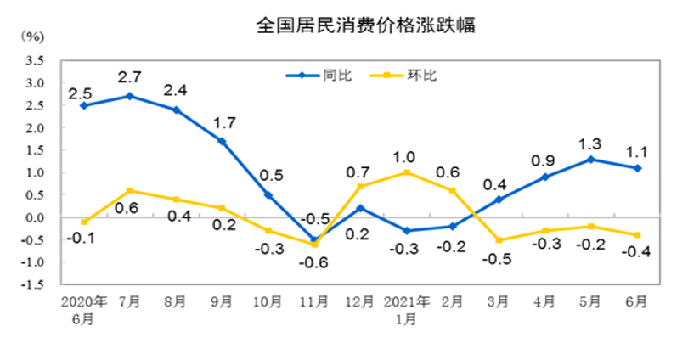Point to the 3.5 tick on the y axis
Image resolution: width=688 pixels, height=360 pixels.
tap(35, 60)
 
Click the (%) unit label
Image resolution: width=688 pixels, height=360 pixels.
tap(31, 37)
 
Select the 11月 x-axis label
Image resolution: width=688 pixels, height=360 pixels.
tap(314, 302)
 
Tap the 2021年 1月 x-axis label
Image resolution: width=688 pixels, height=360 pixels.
tap(407, 310)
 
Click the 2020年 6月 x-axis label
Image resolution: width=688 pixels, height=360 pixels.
tap(83, 310)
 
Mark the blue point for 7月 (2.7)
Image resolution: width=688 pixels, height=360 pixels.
tap(129, 96)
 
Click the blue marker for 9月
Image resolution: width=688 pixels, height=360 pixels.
tap(222, 141)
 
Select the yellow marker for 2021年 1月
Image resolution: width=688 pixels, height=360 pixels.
tap(407, 172)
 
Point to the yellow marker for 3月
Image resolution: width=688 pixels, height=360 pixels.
tap(499, 240)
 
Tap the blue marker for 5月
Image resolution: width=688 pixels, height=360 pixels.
tap(592, 159)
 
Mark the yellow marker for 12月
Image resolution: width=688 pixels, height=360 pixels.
tap(361, 186)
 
